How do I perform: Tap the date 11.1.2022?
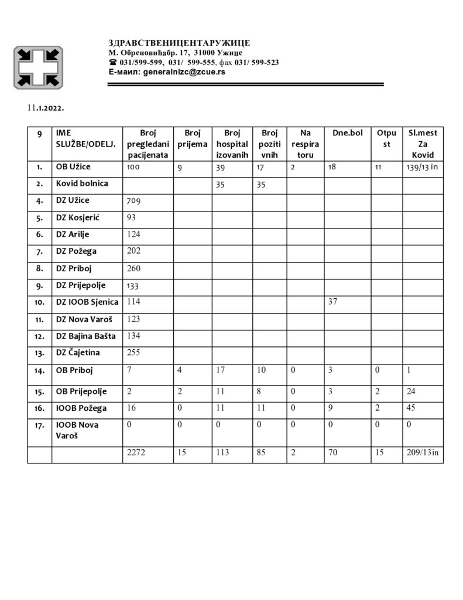click(44, 109)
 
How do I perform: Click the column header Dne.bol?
click(348, 133)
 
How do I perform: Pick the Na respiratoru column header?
click(305, 144)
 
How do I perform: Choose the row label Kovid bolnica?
click(82, 183)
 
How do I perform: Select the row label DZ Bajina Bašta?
click(85, 336)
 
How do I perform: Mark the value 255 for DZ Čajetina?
click(135, 353)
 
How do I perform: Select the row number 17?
click(39, 425)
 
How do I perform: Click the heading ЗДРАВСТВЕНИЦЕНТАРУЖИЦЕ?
click(179, 43)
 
